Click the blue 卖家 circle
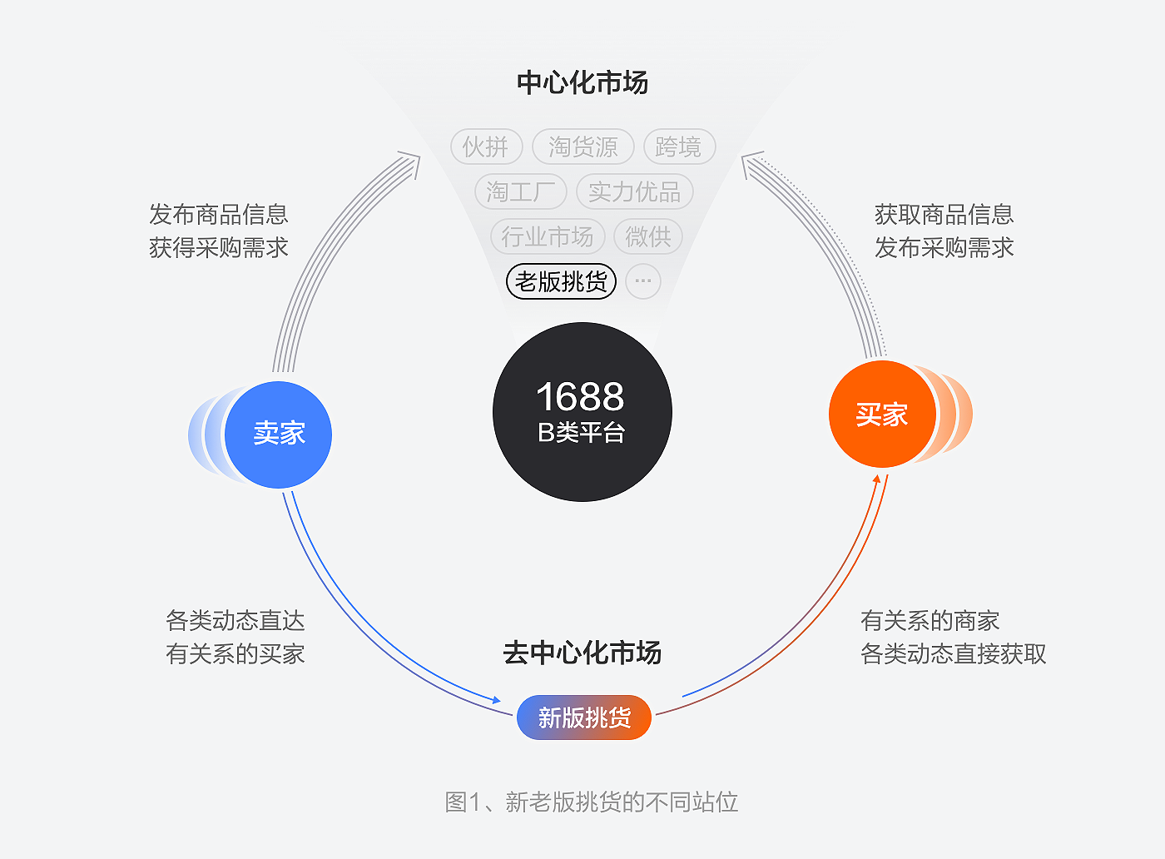pyautogui.click(x=279, y=434)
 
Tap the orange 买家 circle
pyautogui.click(x=882, y=415)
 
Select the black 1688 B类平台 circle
pyautogui.click(x=582, y=412)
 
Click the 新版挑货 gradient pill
pyautogui.click(x=584, y=717)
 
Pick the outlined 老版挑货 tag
pyautogui.click(x=562, y=281)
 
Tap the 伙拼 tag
pyautogui.click(x=486, y=147)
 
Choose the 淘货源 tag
pyautogui.click(x=583, y=147)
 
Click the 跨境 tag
pyautogui.click(x=679, y=147)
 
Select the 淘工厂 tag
pyautogui.click(x=521, y=192)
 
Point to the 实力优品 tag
pyautogui.click(x=635, y=192)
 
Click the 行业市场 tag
pyautogui.click(x=547, y=237)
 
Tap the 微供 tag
pyautogui.click(x=648, y=237)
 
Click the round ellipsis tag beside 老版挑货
pyautogui.click(x=643, y=281)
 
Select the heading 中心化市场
pyautogui.click(x=582, y=82)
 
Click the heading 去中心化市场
pyautogui.click(x=582, y=653)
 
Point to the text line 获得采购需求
pyautogui.click(x=219, y=247)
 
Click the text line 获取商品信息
pyautogui.click(x=944, y=214)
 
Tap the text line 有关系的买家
pyautogui.click(x=235, y=653)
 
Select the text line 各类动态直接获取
pyautogui.click(x=954, y=653)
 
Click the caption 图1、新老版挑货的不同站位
pyautogui.click(x=592, y=802)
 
